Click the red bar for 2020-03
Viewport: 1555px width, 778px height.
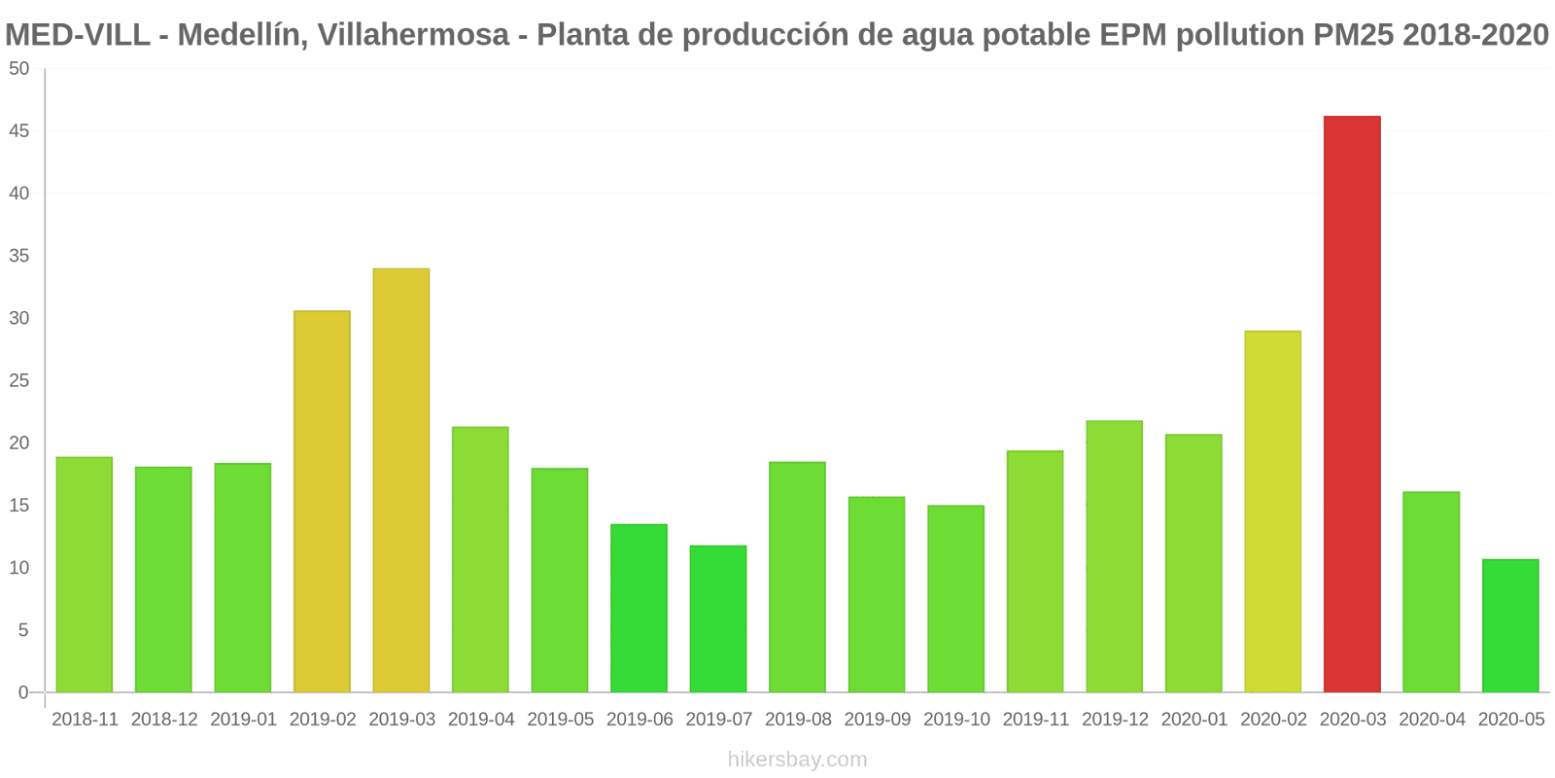coord(1352,404)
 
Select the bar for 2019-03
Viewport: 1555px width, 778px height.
coord(401,480)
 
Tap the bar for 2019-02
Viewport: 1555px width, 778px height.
coord(322,501)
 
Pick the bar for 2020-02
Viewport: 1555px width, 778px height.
coord(1272,512)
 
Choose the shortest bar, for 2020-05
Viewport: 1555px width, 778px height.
coord(1510,625)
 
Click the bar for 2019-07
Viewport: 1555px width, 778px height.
coord(718,619)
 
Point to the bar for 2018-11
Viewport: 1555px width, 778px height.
coord(85,575)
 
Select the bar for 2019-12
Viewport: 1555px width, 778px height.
coord(1114,556)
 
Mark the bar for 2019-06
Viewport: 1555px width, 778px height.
coord(639,608)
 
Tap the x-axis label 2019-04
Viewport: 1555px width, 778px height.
coord(481,720)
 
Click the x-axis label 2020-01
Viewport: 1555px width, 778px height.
coord(1194,720)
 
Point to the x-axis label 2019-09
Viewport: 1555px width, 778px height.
coord(878,720)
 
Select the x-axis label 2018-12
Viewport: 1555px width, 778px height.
coord(164,720)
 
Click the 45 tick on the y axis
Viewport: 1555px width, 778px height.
coord(19,131)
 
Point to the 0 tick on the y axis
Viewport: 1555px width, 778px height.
coord(23,692)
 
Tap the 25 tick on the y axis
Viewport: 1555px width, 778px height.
coord(19,380)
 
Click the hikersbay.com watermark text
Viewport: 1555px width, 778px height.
coord(797,760)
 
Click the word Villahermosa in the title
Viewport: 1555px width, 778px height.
coord(412,35)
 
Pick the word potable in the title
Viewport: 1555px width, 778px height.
coord(1039,35)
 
